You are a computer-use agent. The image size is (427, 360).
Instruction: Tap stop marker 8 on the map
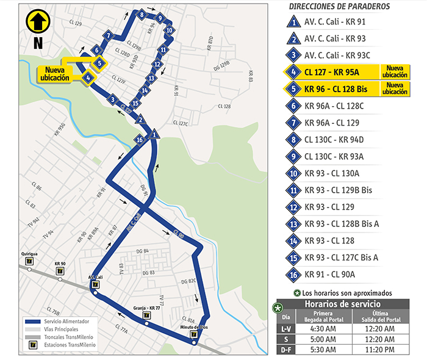coord(142,15)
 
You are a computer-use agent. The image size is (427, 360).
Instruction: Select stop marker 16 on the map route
coord(140,140)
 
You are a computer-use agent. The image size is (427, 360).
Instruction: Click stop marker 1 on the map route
coord(155,134)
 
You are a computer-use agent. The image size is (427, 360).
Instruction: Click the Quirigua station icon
coord(29,261)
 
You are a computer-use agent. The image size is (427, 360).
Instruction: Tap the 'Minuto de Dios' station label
coord(194,326)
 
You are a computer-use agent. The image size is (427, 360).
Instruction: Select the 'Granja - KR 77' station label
coord(146,308)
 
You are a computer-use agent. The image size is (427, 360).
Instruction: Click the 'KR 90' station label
coord(60,264)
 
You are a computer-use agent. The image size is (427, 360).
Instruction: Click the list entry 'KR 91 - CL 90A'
coord(332,274)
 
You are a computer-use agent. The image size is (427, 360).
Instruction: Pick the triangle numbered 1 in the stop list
coord(294,23)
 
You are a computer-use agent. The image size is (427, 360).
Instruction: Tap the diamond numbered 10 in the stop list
coord(294,173)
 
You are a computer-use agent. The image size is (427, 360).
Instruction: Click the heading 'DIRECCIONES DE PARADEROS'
coord(339,6)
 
